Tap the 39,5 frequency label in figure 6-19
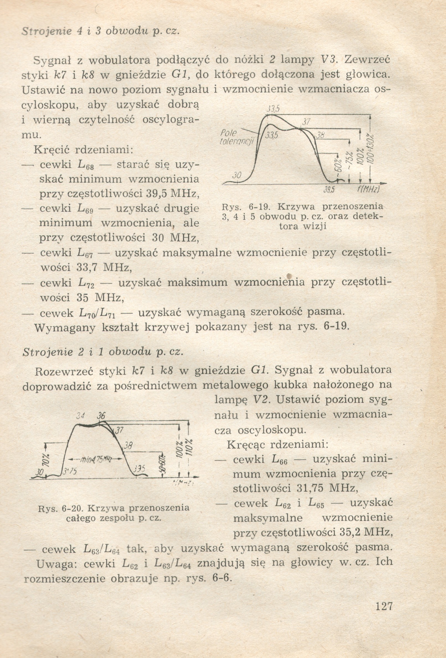tap(329, 190)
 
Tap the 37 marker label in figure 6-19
tap(306, 122)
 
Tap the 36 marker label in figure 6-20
tap(101, 416)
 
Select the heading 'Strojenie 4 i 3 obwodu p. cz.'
tap(100, 31)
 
